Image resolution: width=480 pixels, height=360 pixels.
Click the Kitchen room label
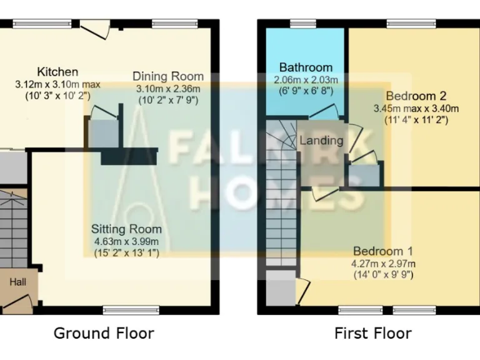pyautogui.click(x=57, y=72)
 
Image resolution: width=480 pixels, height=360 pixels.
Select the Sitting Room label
pyautogui.click(x=126, y=229)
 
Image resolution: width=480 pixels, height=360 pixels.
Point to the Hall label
pyautogui.click(x=17, y=282)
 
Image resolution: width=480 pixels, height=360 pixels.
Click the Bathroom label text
pyautogui.click(x=306, y=67)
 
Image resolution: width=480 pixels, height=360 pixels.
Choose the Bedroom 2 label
pyautogui.click(x=415, y=96)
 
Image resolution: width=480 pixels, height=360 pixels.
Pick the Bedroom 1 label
pyautogui.click(x=382, y=251)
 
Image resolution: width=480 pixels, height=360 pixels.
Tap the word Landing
pyautogui.click(x=321, y=141)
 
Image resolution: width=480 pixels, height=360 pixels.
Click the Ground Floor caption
pyautogui.click(x=104, y=333)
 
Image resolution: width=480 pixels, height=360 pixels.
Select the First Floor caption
pyautogui.click(x=372, y=333)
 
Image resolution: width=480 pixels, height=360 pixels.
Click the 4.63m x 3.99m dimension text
pyautogui.click(x=126, y=242)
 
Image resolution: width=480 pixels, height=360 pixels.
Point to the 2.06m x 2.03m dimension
pyautogui.click(x=306, y=80)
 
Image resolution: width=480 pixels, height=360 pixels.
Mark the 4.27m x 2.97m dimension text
pyautogui.click(x=383, y=263)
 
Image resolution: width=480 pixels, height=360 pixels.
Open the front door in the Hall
pyautogui.click(x=17, y=302)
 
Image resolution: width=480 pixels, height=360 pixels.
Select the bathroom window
pyautogui.click(x=303, y=24)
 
